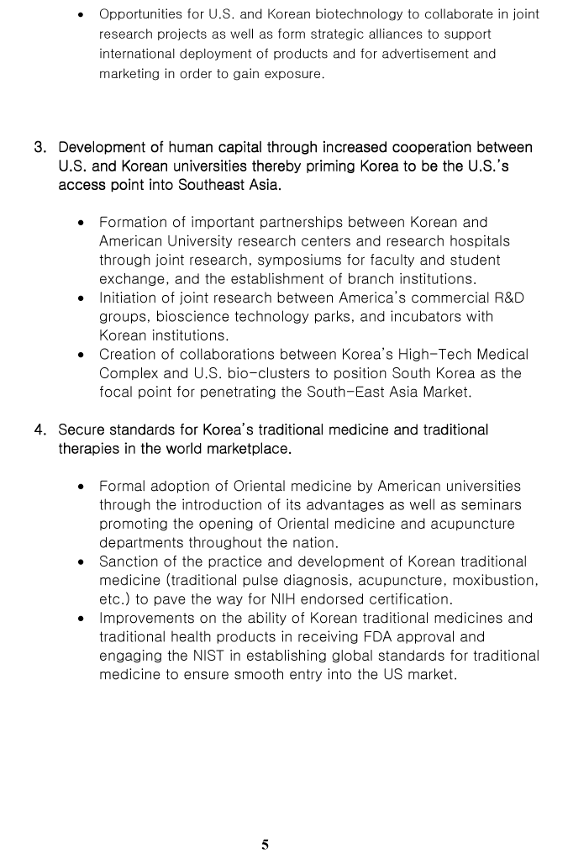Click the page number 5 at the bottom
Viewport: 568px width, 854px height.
click(x=266, y=845)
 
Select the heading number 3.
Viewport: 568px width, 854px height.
click(x=40, y=148)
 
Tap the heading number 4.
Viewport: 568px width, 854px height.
click(x=40, y=430)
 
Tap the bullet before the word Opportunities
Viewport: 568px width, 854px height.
click(x=81, y=15)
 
